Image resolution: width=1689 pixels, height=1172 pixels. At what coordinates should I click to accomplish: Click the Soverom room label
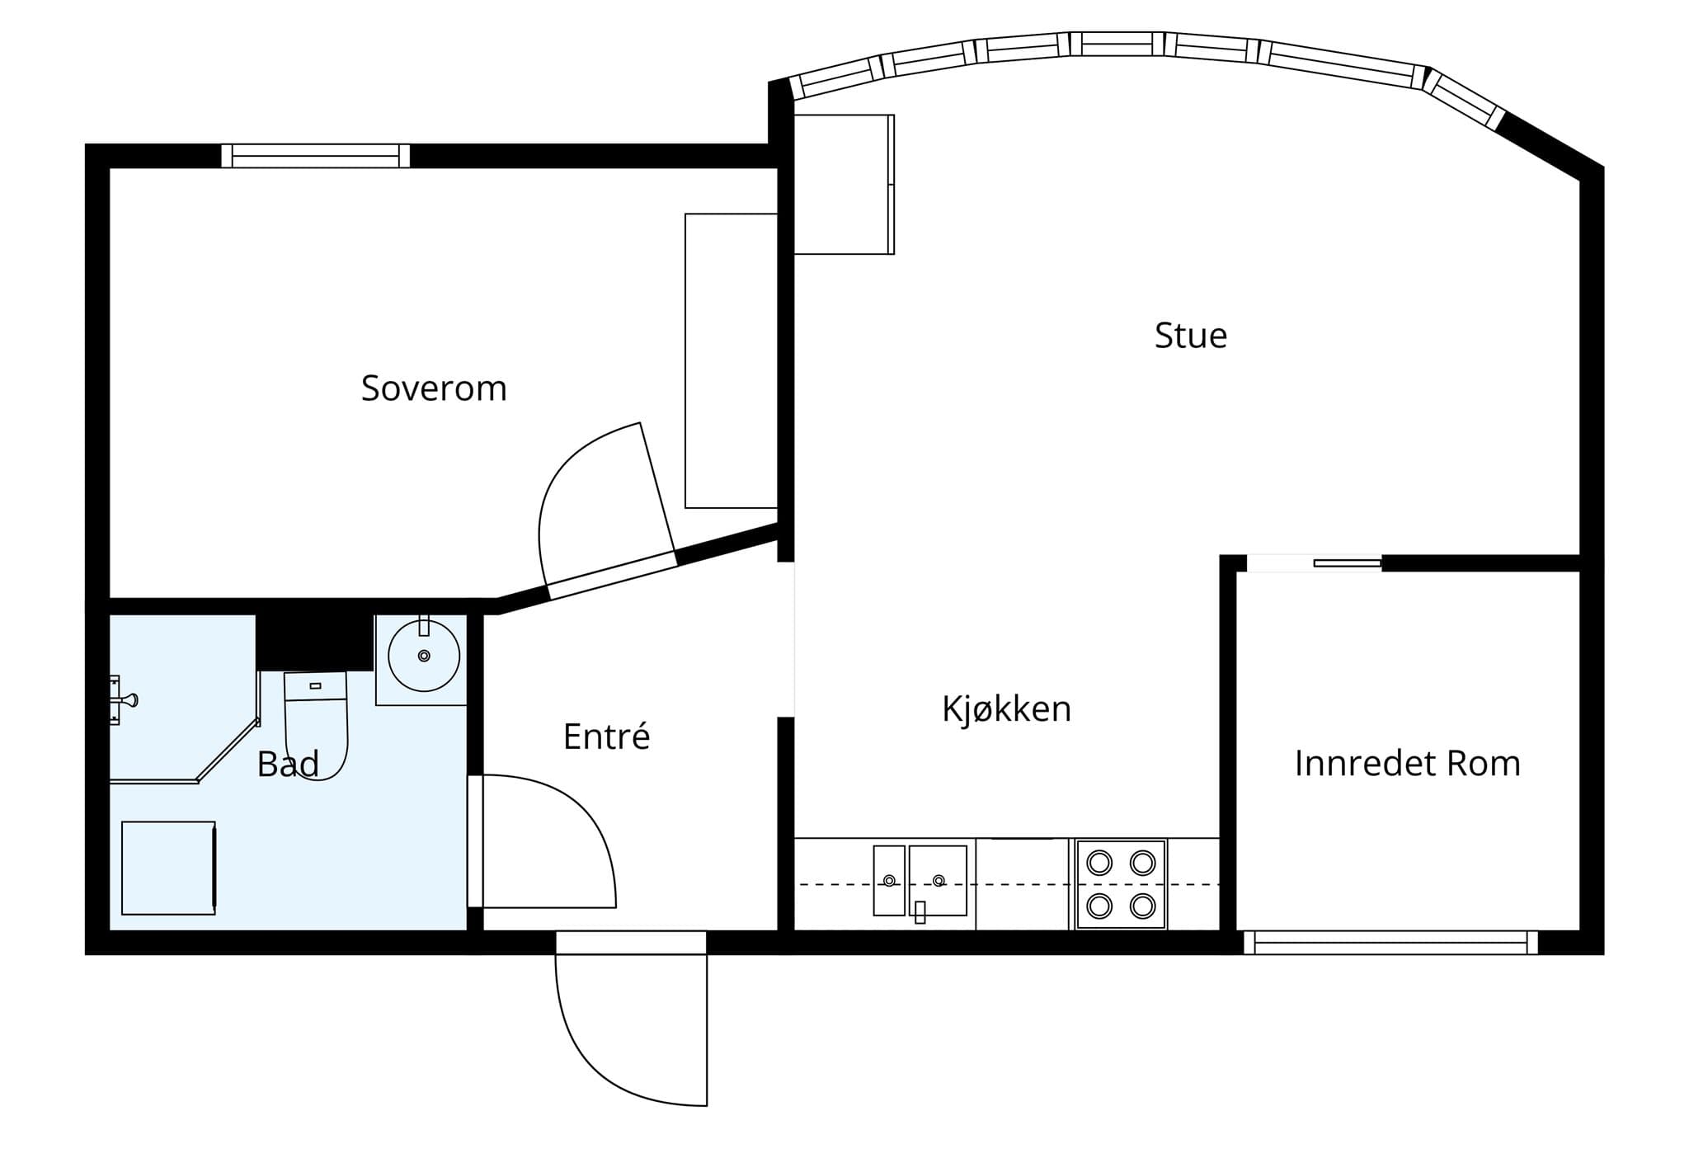(x=434, y=388)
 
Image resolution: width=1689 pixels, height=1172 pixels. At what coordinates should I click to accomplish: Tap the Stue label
(x=1190, y=336)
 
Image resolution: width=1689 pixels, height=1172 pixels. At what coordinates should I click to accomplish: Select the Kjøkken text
(x=1006, y=709)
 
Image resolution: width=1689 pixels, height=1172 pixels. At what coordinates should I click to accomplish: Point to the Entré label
(x=606, y=737)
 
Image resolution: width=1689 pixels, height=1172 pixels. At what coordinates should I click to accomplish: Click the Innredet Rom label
(x=1407, y=764)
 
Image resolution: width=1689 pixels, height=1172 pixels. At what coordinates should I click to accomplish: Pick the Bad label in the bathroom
(x=288, y=765)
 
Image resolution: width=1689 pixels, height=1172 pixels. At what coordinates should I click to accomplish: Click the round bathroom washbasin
(x=424, y=656)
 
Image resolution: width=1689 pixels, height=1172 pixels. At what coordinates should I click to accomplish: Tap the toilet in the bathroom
(x=316, y=725)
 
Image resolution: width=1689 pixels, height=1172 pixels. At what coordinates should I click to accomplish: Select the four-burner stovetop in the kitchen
(x=1121, y=885)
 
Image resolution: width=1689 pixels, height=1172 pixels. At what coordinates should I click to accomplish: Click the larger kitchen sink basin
(x=938, y=881)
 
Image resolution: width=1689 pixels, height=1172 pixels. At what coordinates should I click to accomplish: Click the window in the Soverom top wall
(x=315, y=156)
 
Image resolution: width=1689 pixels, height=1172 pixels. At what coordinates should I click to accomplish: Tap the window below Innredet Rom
(x=1390, y=943)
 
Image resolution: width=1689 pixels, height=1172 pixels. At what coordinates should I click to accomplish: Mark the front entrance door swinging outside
(x=631, y=1019)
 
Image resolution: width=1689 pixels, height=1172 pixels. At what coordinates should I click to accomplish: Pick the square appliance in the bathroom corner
(x=169, y=868)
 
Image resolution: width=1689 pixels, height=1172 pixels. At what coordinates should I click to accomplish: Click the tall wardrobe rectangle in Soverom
(x=732, y=360)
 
